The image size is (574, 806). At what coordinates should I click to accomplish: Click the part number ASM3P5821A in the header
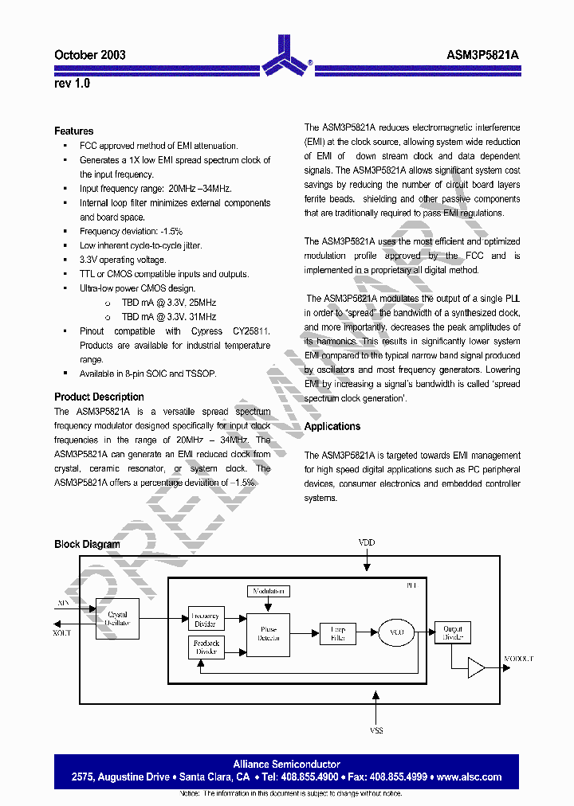482,55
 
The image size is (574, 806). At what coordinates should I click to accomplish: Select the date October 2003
89,55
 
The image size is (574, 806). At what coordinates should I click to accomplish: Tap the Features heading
73,131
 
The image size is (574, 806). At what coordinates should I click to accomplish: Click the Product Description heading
99,397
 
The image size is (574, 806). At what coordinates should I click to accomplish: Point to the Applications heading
332,427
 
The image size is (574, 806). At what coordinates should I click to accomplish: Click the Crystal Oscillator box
117,619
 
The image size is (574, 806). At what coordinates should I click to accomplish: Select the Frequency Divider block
205,619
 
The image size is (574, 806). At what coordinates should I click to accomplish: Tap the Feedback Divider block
205,648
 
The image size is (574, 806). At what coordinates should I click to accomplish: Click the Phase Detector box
268,634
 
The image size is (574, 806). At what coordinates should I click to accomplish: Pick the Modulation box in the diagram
269,592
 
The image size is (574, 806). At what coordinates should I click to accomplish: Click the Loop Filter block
337,634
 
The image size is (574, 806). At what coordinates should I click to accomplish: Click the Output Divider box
452,633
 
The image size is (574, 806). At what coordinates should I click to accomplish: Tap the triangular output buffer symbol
476,667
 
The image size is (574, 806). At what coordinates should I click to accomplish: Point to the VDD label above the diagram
366,543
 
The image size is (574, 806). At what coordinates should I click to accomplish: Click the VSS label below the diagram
376,730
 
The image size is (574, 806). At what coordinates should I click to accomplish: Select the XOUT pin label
62,632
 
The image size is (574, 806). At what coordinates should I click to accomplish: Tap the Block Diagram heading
87,545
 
